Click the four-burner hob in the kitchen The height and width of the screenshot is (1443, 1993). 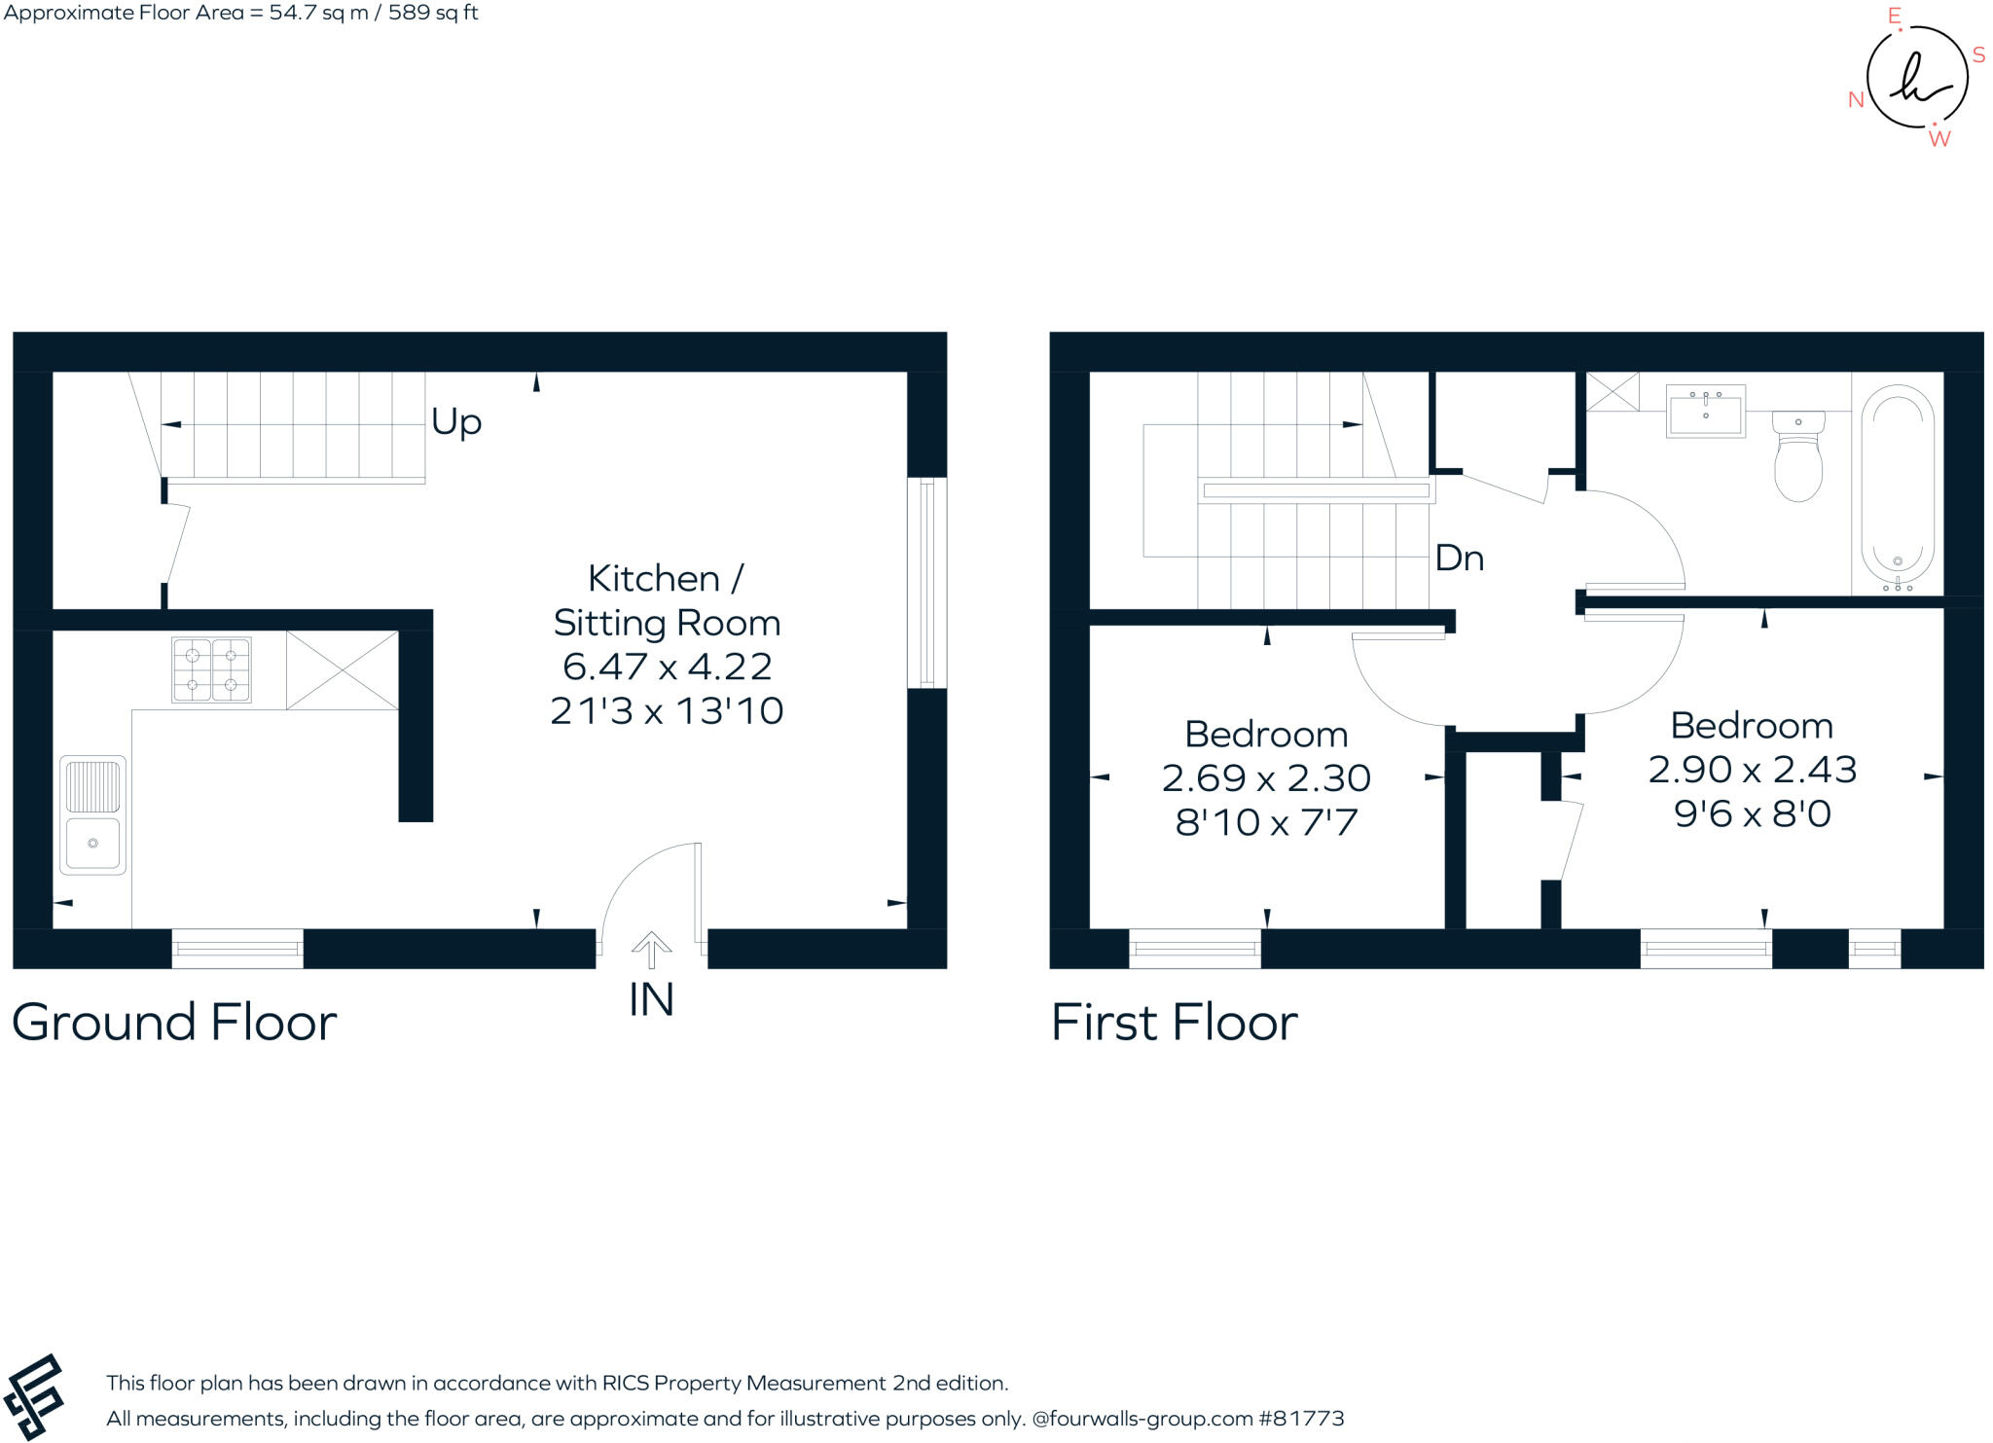211,669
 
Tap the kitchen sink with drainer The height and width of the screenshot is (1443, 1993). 92,814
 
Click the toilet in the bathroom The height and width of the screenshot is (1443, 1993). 1797,455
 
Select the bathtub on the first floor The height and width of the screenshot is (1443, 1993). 1897,487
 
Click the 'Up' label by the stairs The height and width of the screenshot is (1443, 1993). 456,422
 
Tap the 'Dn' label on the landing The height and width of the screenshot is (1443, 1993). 1459,559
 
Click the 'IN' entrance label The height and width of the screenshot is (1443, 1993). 651,1000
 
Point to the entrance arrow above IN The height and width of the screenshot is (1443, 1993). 651,949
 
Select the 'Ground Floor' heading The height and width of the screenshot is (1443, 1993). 174,1023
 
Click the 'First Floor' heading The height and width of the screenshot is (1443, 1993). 1174,1023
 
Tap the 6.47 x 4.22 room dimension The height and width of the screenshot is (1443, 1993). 667,667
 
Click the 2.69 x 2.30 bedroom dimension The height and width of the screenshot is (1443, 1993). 1266,778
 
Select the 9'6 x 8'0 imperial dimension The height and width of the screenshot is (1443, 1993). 1752,813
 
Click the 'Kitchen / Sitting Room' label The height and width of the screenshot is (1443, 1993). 667,600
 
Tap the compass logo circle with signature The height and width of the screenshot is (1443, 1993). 1916,78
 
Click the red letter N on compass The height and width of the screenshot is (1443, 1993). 1855,100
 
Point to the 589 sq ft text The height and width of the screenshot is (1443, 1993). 433,14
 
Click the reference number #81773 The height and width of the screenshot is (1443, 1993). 1301,1419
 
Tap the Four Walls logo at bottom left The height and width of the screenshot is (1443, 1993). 34,1396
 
